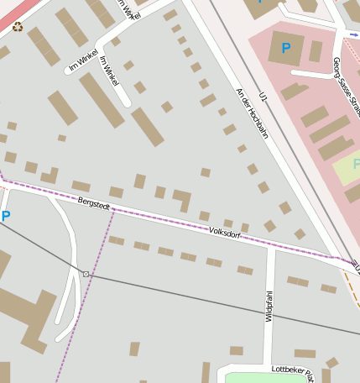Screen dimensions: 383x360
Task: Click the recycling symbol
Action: pos(18,26)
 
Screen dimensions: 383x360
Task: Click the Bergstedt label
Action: pos(94,203)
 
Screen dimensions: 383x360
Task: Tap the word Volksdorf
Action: pos(225,233)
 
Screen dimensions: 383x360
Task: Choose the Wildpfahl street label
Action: pos(269,306)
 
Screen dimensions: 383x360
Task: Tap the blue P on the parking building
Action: pos(287,48)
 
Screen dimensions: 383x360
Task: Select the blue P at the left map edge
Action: pos(6,216)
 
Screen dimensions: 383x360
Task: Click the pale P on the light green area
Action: pos(356,164)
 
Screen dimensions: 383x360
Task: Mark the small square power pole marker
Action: pos(86,274)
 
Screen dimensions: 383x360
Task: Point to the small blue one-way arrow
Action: pos(353,35)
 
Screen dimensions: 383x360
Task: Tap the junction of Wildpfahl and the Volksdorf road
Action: pos(271,248)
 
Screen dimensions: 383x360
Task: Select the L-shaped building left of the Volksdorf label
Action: pos(182,200)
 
